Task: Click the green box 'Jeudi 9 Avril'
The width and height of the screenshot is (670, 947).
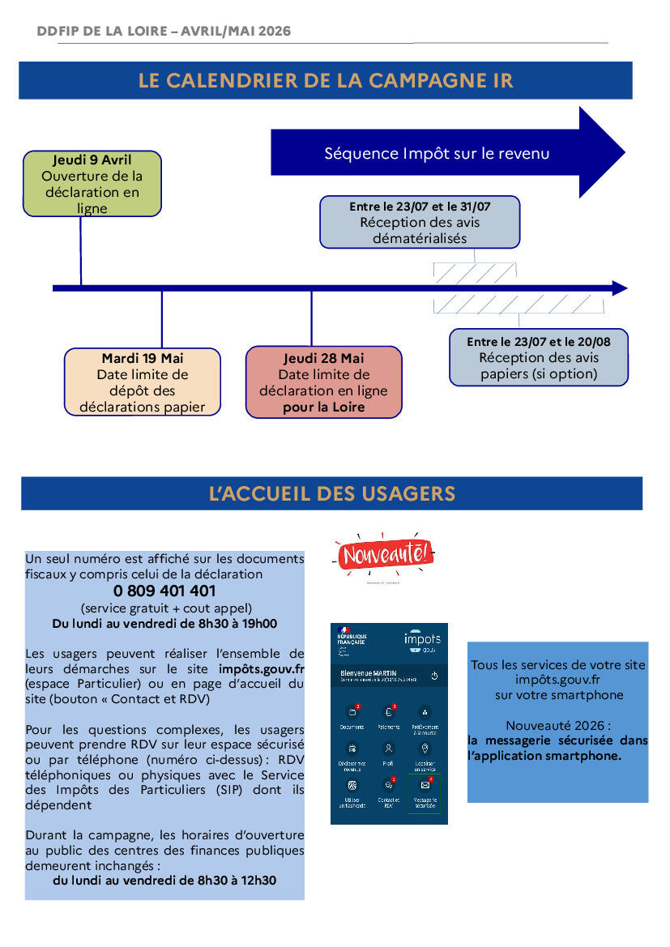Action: pos(92,184)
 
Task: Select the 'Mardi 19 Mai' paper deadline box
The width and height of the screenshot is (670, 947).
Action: pos(142,382)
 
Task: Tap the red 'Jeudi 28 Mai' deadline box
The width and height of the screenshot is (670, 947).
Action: pos(323,382)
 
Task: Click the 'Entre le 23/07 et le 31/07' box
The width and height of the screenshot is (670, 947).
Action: pos(420,222)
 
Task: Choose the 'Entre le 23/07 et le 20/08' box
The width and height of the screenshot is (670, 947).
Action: pos(539,357)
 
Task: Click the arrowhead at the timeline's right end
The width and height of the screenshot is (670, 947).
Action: pos(619,288)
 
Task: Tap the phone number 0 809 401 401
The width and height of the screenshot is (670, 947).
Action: pos(164,591)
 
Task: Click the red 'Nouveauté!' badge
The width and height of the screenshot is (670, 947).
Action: pos(385,555)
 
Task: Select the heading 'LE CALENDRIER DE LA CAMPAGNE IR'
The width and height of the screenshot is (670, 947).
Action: pos(326,81)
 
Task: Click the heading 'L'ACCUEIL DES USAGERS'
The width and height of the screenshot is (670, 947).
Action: pos(331,493)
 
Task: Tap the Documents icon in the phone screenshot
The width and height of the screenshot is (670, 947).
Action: pos(352,712)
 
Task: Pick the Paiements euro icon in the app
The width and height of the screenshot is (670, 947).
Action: pos(389,712)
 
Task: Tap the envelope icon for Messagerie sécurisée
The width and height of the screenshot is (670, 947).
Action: pos(425,785)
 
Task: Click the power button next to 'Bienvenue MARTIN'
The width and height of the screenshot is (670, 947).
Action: pos(434,675)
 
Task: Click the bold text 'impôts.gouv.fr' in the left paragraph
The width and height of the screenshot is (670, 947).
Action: pos(261,669)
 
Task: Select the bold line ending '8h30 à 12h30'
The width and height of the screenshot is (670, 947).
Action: pos(164,880)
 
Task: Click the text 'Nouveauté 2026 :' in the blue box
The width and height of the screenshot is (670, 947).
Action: pos(558,725)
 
